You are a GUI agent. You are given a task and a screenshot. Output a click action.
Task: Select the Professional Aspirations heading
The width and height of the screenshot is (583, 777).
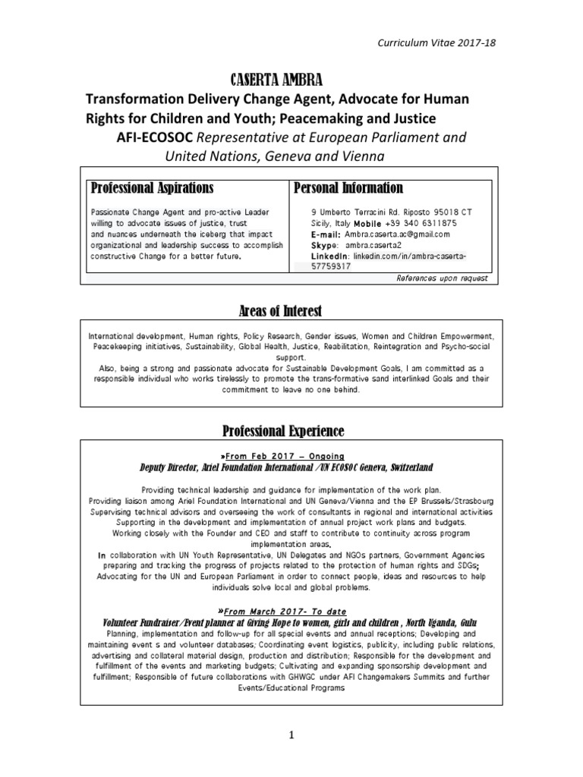click(152, 187)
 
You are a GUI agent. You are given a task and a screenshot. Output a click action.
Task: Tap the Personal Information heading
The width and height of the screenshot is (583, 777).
click(348, 187)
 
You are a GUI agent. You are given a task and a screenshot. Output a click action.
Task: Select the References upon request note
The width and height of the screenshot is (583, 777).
click(441, 278)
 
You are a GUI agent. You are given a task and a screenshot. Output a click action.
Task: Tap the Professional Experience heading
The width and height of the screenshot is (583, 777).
click(283, 431)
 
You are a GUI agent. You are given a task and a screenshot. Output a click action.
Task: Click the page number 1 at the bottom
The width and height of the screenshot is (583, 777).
click(290, 735)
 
